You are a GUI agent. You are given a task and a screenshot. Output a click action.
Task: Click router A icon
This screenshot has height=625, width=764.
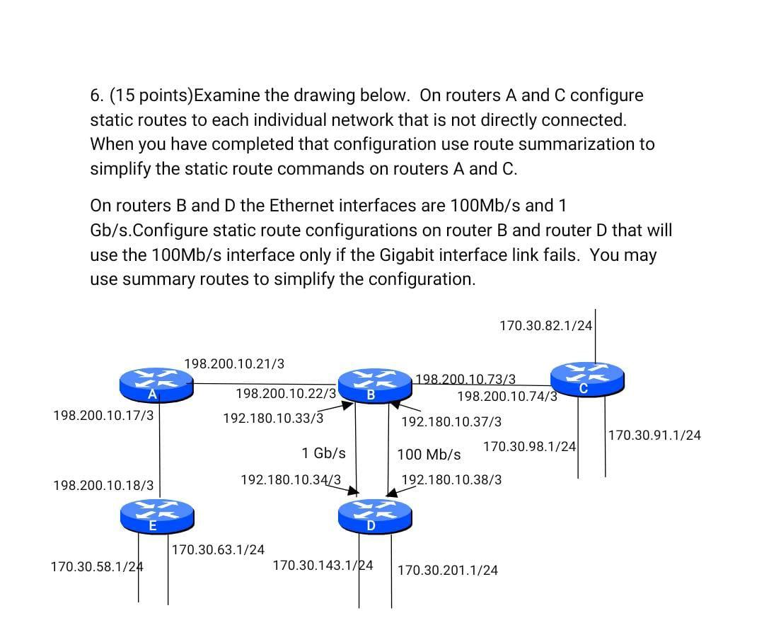click(156, 384)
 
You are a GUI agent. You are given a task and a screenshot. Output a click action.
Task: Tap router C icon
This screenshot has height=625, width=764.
click(587, 378)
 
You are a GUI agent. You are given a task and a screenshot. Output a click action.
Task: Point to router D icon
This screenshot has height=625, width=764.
click(375, 516)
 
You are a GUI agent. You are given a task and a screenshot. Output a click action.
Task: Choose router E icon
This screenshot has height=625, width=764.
click(156, 515)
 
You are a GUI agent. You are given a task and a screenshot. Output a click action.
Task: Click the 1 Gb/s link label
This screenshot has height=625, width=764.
click(323, 452)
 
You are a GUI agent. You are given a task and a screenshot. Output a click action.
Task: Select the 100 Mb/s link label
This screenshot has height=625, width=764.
click(429, 454)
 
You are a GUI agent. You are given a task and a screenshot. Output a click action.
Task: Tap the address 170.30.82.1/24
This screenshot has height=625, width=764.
click(545, 326)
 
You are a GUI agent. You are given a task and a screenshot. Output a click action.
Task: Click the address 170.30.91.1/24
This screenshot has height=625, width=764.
click(654, 436)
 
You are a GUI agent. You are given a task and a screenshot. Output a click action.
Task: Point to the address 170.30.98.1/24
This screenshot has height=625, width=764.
click(529, 447)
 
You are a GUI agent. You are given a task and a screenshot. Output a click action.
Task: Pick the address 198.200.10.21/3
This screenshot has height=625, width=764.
click(234, 363)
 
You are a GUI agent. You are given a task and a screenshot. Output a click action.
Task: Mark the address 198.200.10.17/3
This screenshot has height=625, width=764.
click(103, 415)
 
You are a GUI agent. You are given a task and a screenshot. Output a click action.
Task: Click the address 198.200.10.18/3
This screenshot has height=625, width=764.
click(103, 485)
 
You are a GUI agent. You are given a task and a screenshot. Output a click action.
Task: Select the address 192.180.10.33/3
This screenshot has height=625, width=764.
click(273, 418)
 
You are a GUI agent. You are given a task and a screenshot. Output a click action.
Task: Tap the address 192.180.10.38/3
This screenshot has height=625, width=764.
click(451, 479)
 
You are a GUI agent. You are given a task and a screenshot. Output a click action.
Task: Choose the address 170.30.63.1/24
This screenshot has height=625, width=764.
click(219, 549)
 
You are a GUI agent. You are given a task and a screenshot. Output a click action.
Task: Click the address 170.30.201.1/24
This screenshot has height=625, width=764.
click(447, 570)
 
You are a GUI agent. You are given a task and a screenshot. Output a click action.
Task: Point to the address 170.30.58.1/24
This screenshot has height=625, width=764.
click(97, 566)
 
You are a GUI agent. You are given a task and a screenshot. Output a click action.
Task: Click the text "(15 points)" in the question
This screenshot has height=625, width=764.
click(151, 95)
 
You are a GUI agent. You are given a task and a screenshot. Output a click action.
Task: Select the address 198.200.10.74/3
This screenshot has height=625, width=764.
click(507, 396)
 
